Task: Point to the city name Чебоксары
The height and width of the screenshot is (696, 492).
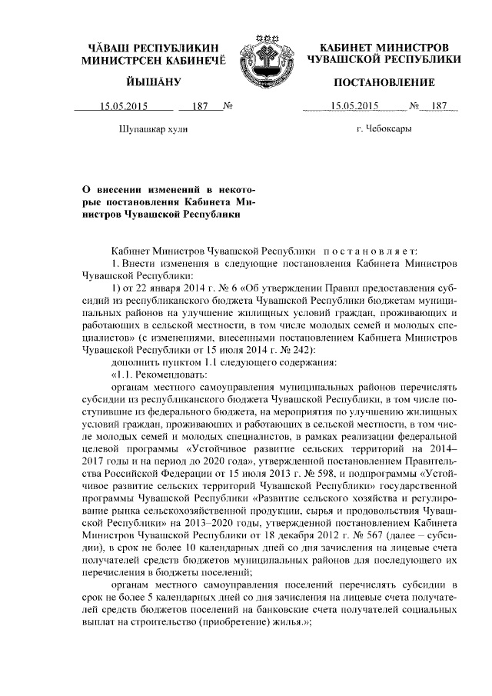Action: [x=384, y=128]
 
